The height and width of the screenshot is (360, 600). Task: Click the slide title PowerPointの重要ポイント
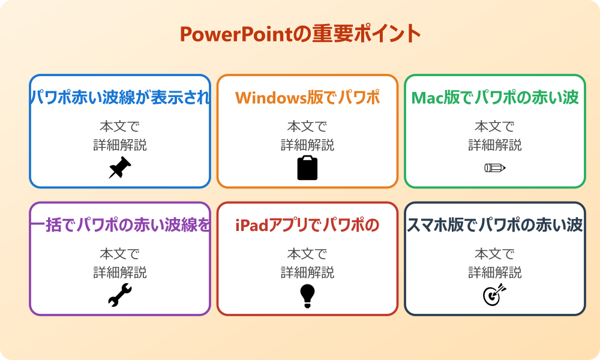coord(301,34)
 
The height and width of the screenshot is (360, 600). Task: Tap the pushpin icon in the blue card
coord(120,167)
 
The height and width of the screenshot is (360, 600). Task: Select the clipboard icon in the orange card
coord(307,167)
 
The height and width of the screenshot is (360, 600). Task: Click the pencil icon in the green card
coord(495,167)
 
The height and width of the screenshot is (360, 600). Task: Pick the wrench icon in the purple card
coord(120,295)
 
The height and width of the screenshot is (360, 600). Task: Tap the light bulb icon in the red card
coord(307,296)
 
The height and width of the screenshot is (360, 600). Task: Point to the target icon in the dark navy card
coord(495,295)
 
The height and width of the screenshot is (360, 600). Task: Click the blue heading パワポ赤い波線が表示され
coord(120,98)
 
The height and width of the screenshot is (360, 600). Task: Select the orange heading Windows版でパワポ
coord(307,98)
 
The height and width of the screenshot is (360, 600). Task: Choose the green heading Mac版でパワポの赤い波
coord(495,98)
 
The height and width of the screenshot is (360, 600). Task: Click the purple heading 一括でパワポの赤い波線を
coord(120,225)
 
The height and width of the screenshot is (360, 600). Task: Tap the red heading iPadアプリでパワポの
coord(307,225)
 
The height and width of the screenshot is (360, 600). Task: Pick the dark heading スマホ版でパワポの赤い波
coord(495,225)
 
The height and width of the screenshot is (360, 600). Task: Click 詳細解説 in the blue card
coord(120,145)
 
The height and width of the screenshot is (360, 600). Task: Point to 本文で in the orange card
coord(307,126)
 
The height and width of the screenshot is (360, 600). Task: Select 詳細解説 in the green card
coord(495,145)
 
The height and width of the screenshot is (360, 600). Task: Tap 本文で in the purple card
coord(120,254)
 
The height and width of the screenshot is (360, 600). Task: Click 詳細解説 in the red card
coord(307,272)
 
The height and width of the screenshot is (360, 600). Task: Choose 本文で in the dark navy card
coord(495,254)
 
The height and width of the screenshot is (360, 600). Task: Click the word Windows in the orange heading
coord(271,98)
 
